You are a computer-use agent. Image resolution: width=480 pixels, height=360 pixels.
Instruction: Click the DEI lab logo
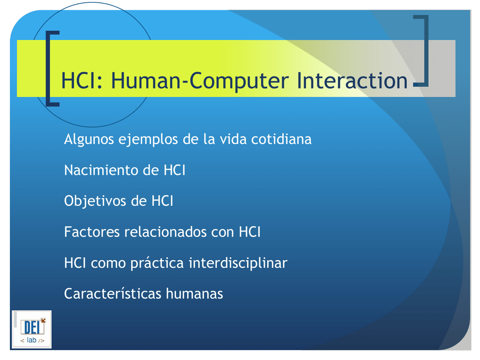coord(31,330)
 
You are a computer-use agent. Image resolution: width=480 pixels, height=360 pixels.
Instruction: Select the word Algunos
coord(89,140)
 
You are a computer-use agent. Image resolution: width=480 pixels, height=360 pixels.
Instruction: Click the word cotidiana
coord(281,139)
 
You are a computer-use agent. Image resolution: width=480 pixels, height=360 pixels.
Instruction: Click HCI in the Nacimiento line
coord(174,170)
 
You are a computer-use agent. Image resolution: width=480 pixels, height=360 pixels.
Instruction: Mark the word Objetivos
coord(95,202)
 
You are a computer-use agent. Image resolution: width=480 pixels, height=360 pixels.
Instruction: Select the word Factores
coord(92,232)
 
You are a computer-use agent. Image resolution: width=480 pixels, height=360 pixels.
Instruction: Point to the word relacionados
coord(165,232)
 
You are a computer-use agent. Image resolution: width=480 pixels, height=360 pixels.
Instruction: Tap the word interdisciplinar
coord(238,263)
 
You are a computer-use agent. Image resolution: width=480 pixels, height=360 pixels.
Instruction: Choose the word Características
coord(112,294)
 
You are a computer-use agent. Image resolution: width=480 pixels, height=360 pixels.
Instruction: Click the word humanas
coord(195,294)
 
